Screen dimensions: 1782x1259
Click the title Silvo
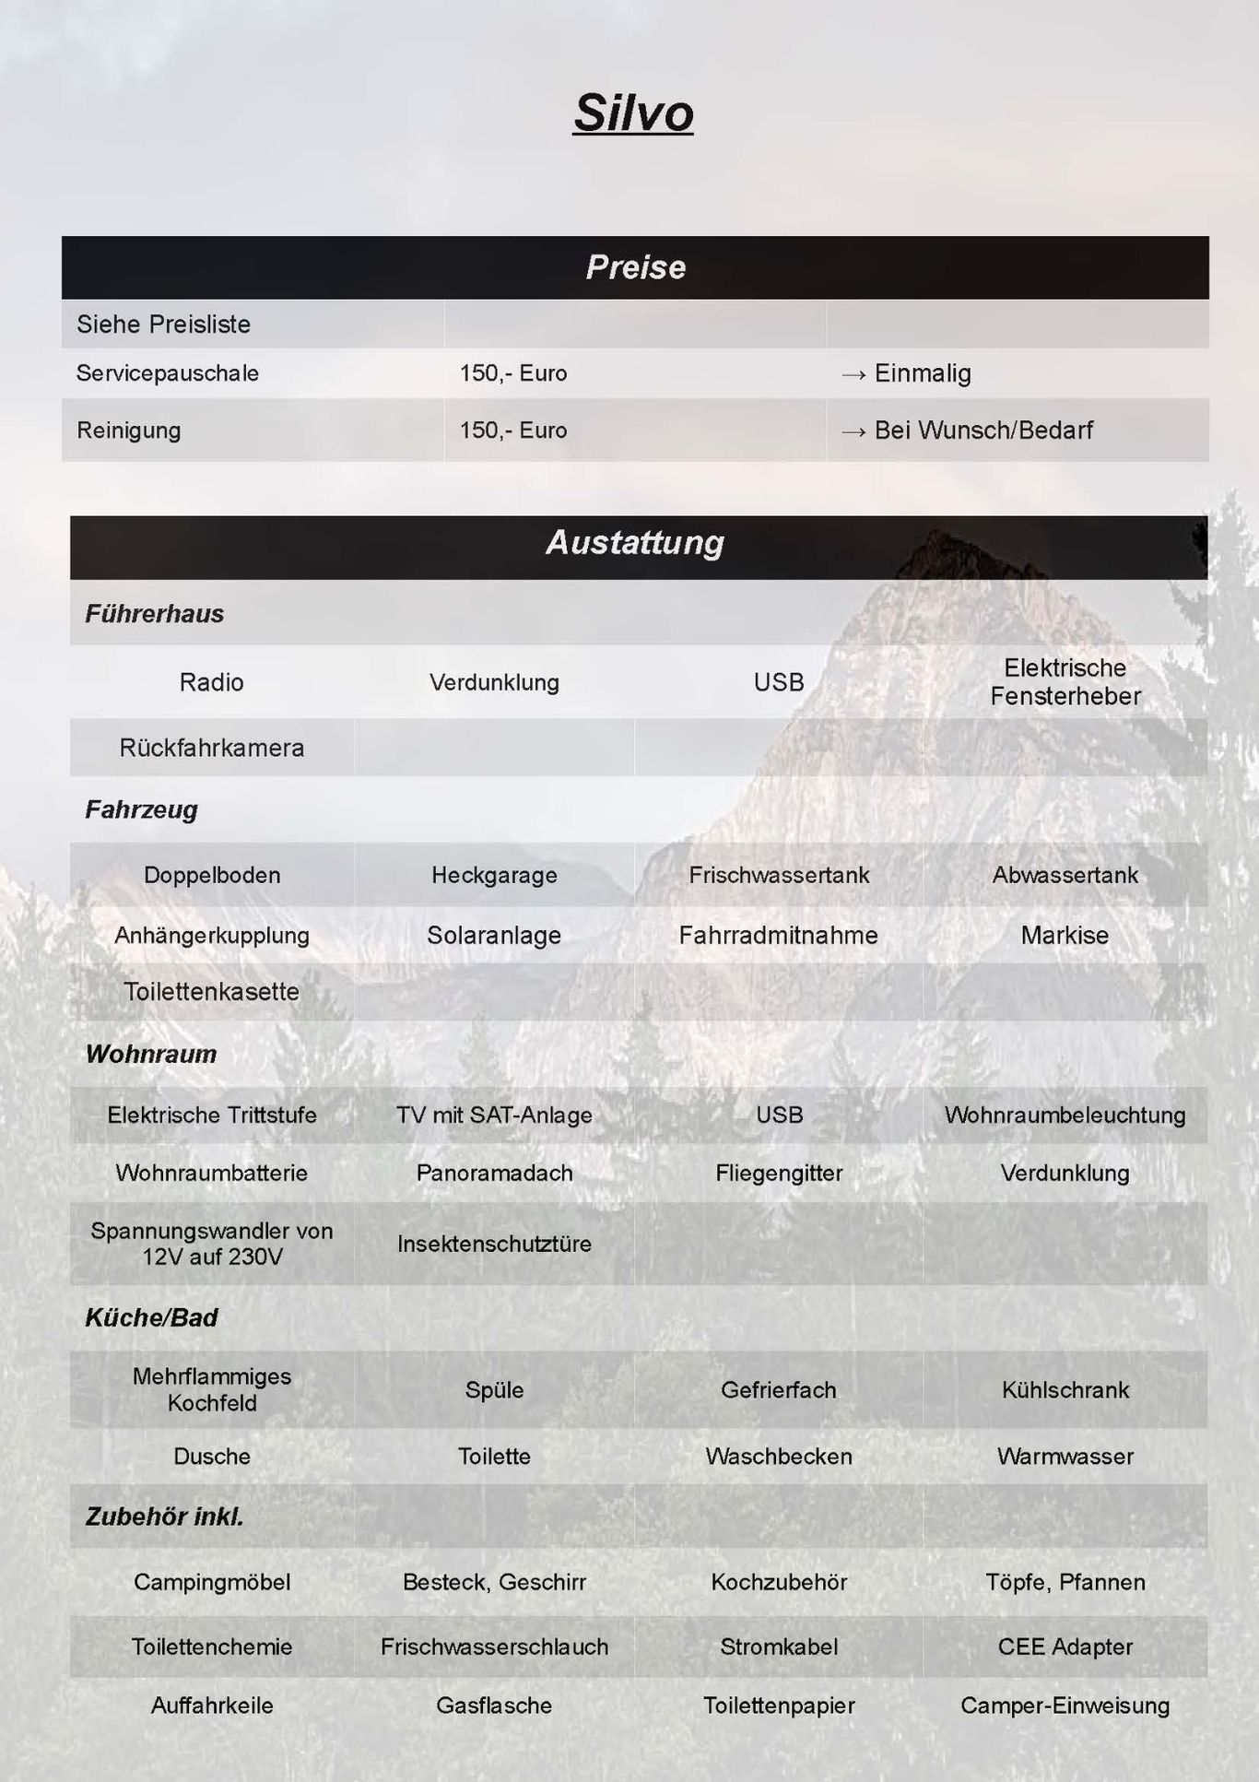click(x=633, y=113)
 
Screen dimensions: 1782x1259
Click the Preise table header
click(x=635, y=267)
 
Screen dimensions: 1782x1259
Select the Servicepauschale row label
click(x=168, y=373)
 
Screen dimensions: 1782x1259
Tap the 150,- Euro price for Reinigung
click(x=512, y=431)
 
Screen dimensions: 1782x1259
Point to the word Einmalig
click(x=922, y=373)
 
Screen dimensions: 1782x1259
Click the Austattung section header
click(x=635, y=542)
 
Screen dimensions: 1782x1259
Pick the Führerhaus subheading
click(x=155, y=614)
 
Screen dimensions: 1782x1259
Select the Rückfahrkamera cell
click(x=212, y=748)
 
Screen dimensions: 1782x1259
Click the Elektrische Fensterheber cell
click(x=1065, y=682)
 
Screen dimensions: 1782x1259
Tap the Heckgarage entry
click(x=494, y=875)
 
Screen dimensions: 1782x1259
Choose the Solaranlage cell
click(x=494, y=936)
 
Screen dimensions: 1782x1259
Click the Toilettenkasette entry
click(x=212, y=992)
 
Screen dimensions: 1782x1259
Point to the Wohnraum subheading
click(x=151, y=1054)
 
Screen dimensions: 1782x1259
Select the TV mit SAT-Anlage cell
click(x=494, y=1115)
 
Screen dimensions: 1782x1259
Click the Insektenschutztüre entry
click(x=494, y=1244)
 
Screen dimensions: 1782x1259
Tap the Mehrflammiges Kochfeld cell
click(x=212, y=1389)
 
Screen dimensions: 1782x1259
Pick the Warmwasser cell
click(x=1065, y=1457)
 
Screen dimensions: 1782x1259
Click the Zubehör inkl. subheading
click(x=165, y=1516)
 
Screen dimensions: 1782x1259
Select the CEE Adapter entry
click(x=1065, y=1646)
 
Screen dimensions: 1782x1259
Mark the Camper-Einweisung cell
click(x=1065, y=1705)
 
